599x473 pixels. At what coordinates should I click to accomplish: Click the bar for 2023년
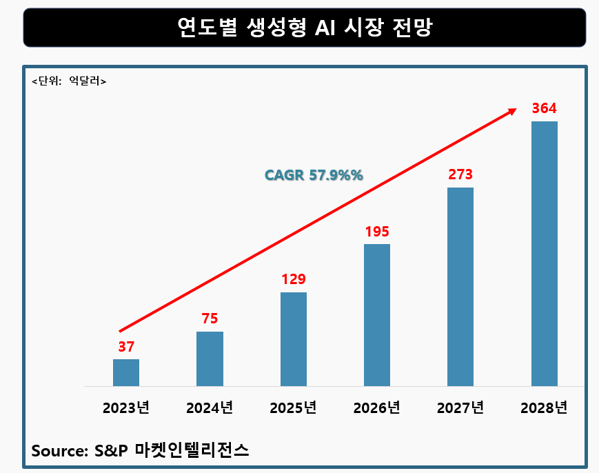click(x=126, y=372)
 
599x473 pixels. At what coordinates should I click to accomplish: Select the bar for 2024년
click(x=210, y=359)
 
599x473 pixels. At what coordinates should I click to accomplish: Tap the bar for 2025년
click(x=294, y=339)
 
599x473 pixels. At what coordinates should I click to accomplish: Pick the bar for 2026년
click(x=377, y=315)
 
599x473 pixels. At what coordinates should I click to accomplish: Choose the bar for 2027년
click(x=460, y=287)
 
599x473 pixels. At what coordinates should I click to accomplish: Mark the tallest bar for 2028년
click(x=544, y=254)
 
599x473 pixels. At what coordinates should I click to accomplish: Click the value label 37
click(x=126, y=347)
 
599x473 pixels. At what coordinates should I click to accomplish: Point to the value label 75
click(x=210, y=319)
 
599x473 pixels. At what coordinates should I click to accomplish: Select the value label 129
click(x=294, y=279)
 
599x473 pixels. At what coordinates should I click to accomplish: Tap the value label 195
click(x=377, y=231)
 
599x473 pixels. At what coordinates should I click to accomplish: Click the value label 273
click(x=460, y=174)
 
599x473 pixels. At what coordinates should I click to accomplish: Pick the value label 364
click(x=544, y=108)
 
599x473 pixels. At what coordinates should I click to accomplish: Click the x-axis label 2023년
click(x=126, y=407)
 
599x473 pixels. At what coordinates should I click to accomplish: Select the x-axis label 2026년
click(x=377, y=407)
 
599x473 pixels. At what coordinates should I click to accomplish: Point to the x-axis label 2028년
click(x=544, y=407)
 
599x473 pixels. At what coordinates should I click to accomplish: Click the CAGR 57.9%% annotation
click(x=314, y=175)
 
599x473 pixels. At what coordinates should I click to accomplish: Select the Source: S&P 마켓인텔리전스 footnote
click(x=140, y=451)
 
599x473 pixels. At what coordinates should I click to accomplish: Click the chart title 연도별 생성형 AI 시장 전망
click(x=304, y=27)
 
